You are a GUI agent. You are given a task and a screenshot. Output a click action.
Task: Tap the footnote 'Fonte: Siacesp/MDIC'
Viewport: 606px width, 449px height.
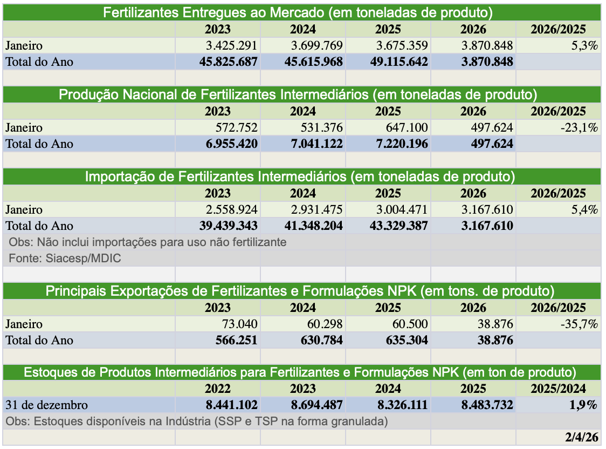pos(65,258)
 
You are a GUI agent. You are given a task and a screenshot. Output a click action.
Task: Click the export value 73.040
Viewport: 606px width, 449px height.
pos(237,324)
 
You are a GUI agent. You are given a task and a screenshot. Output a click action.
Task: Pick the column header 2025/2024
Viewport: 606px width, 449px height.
pos(558,389)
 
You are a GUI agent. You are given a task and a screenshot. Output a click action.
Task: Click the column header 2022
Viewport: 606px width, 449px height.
pos(217,389)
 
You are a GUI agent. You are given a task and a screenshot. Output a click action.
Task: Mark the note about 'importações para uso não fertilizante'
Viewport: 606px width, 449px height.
pos(147,242)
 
